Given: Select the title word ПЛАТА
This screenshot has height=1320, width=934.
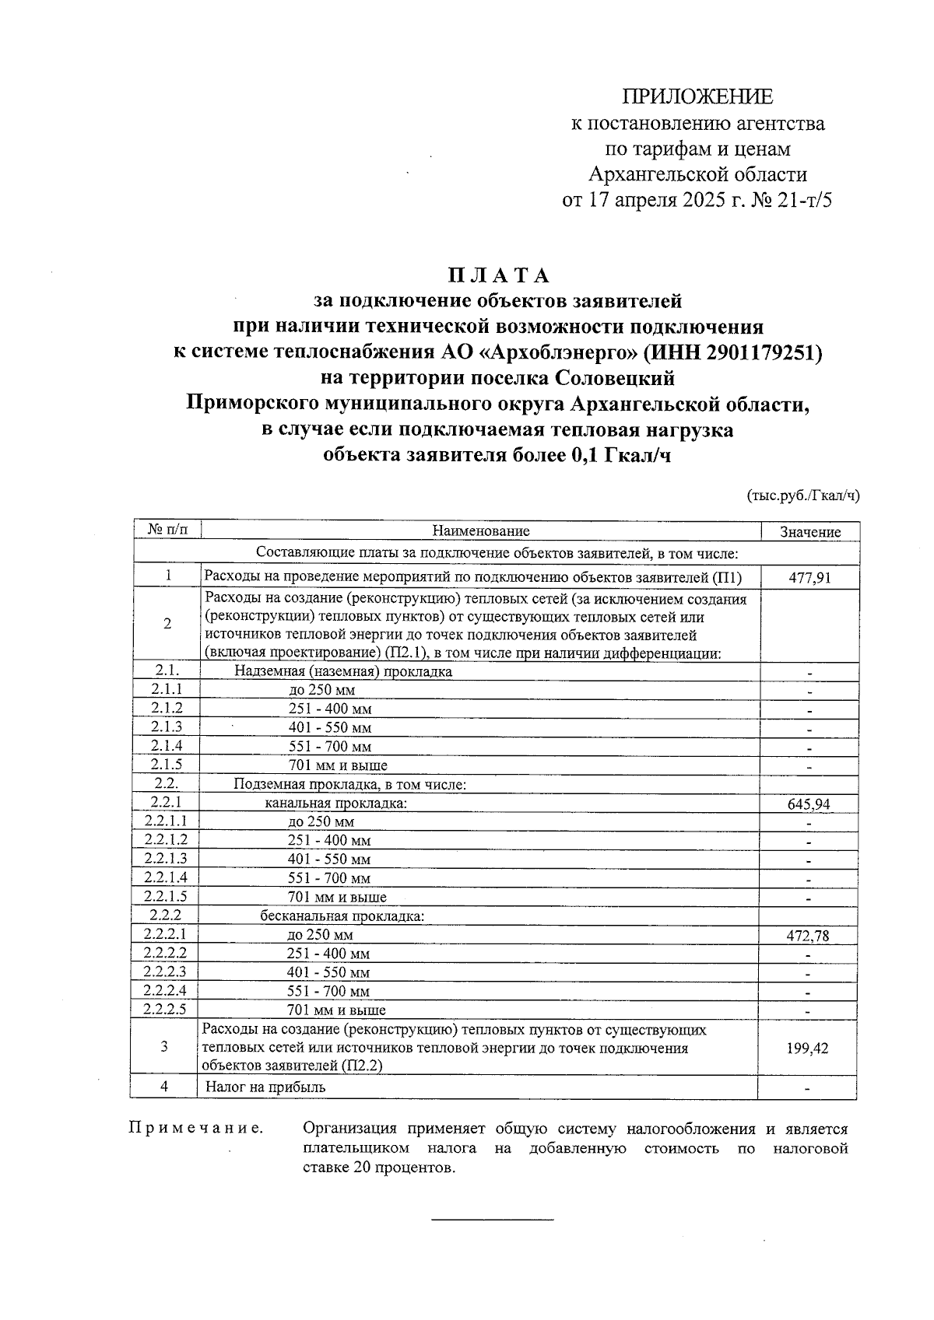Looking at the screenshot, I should [x=498, y=276].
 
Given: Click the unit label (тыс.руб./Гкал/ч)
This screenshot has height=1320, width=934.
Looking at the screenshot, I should [x=802, y=495].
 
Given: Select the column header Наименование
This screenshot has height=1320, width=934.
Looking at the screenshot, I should [x=480, y=531].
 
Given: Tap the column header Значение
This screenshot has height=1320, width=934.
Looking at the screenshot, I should [x=809, y=532].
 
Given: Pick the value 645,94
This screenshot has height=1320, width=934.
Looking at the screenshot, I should [x=809, y=804].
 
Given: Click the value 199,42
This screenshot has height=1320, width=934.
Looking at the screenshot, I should [x=808, y=1048].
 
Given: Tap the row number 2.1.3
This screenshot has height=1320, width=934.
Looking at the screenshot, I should [x=167, y=727].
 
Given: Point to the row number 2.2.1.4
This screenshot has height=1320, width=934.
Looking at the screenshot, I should [x=165, y=877].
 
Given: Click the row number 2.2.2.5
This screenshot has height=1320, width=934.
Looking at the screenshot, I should [x=165, y=1010].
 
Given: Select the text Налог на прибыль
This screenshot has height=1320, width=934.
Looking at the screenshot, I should [x=265, y=1087].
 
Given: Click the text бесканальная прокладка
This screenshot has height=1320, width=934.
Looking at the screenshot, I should [x=342, y=916].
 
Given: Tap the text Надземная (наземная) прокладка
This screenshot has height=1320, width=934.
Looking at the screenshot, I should [x=342, y=671].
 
